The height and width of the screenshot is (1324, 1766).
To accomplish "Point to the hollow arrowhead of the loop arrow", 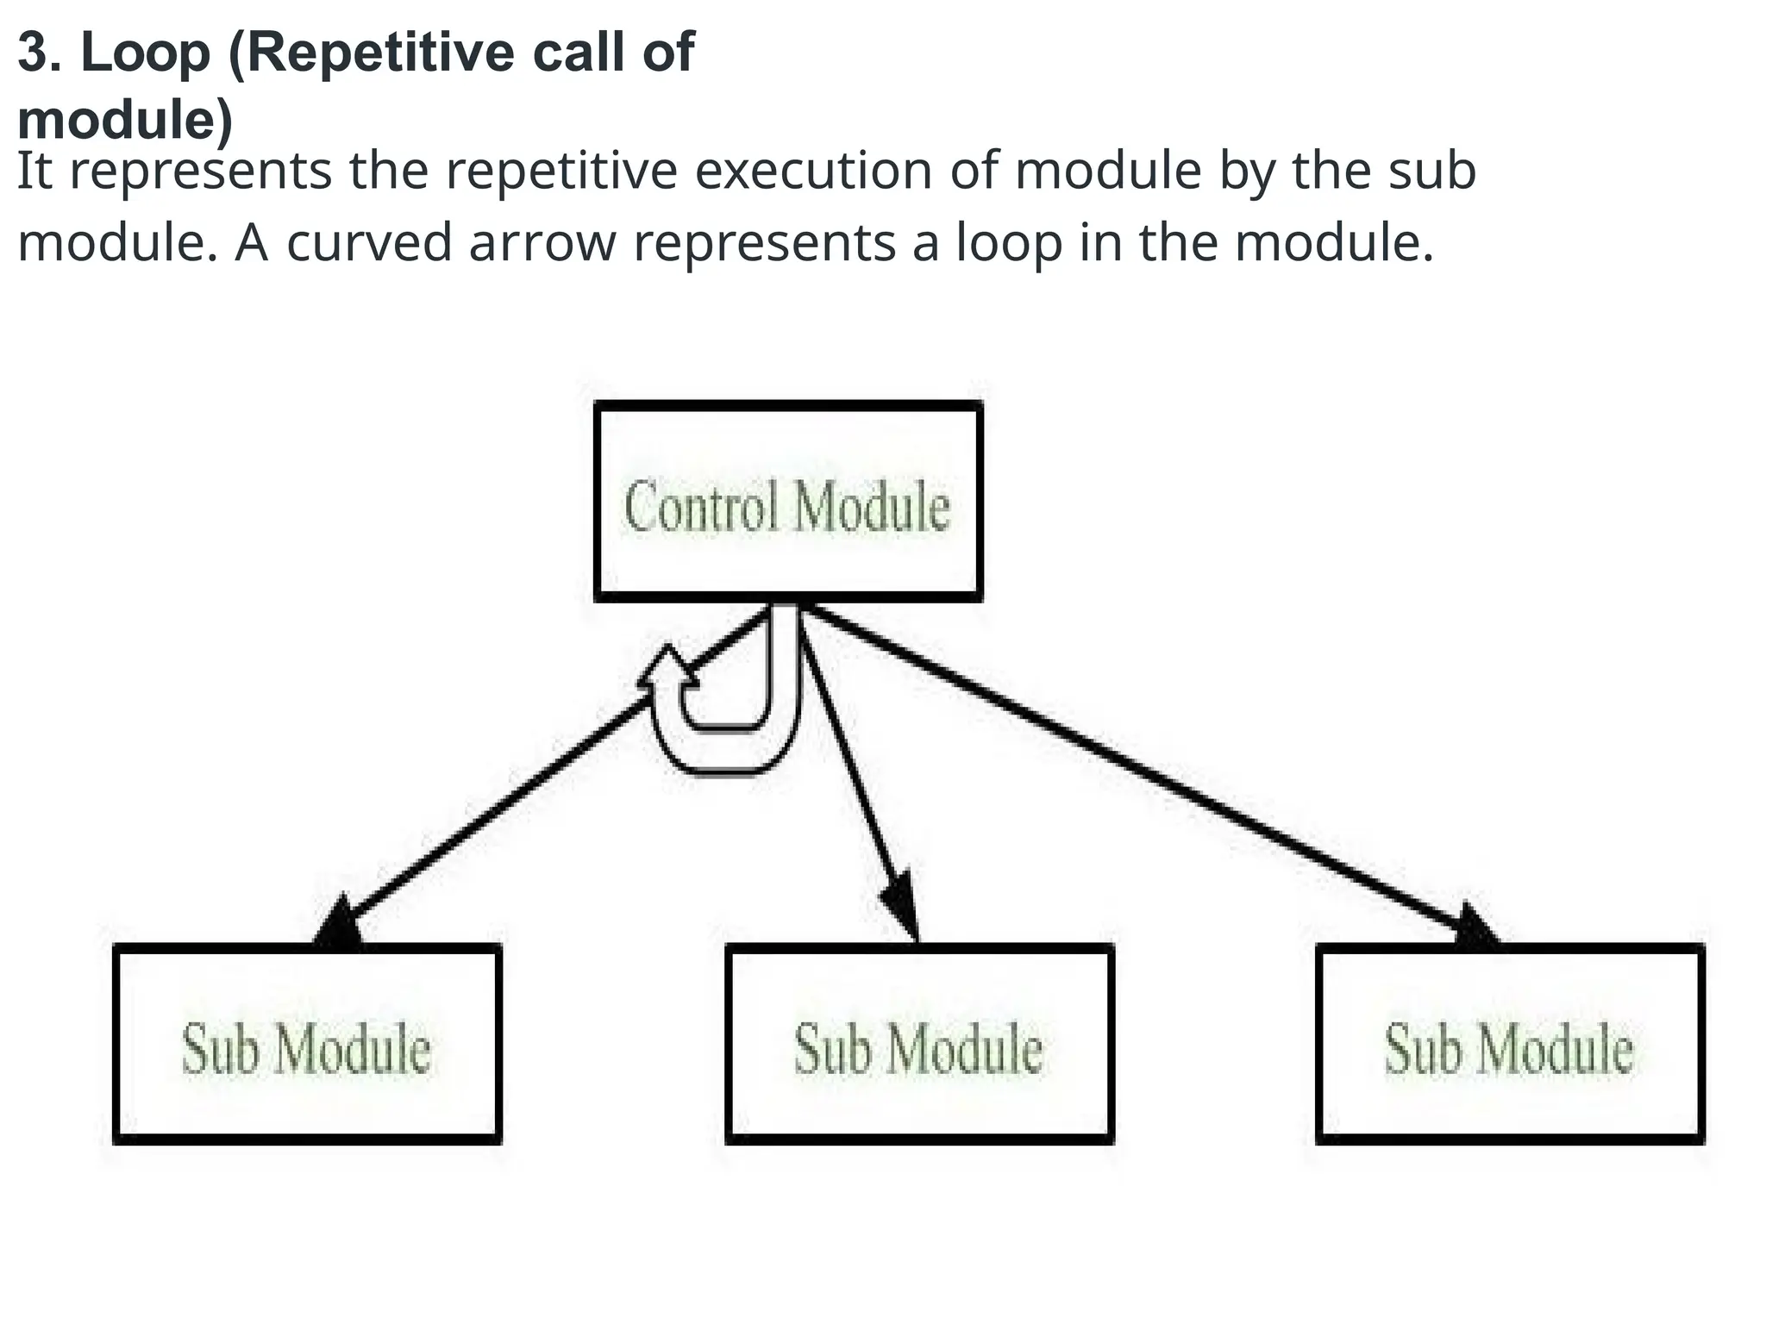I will coord(668,669).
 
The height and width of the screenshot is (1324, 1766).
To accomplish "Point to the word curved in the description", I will coord(369,242).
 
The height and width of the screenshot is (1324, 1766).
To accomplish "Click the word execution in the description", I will coord(814,170).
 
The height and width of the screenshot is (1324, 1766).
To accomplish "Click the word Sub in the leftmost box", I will coord(221,1049).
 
